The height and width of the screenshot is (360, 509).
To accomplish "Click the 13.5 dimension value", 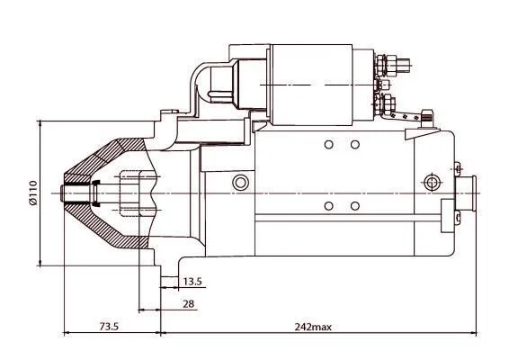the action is pos(192,282).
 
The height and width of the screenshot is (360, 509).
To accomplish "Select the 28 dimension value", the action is pos(188,304).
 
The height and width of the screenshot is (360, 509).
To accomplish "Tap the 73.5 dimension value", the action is pos(109,327).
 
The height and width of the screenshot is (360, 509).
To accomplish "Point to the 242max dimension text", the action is pos(313,327).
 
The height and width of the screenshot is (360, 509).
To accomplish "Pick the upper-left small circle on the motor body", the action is pos(329,145).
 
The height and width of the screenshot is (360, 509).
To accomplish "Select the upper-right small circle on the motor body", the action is pos(355,145).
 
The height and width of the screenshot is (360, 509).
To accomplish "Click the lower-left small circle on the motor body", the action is pos(329,206).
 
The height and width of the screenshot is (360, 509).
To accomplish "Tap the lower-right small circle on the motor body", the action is pos(355,206).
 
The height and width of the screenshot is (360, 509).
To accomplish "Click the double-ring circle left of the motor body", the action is pos(241,183).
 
